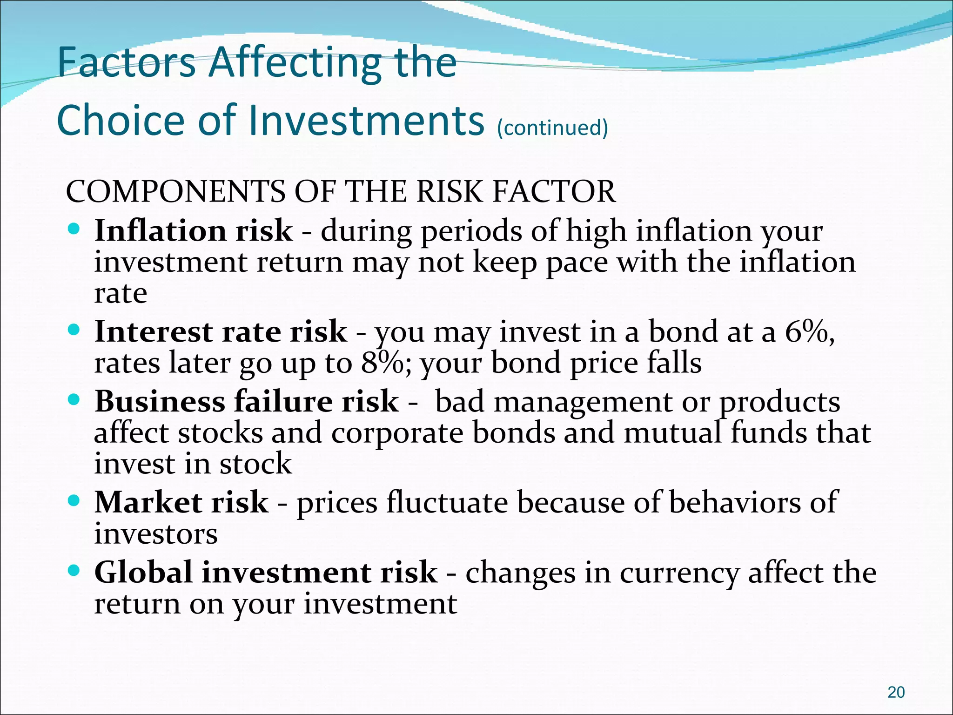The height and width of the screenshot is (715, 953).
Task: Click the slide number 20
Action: (x=896, y=692)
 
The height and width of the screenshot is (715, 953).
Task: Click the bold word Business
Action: (x=160, y=401)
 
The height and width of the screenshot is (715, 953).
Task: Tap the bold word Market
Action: (x=148, y=503)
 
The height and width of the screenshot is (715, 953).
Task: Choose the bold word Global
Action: (x=143, y=573)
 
